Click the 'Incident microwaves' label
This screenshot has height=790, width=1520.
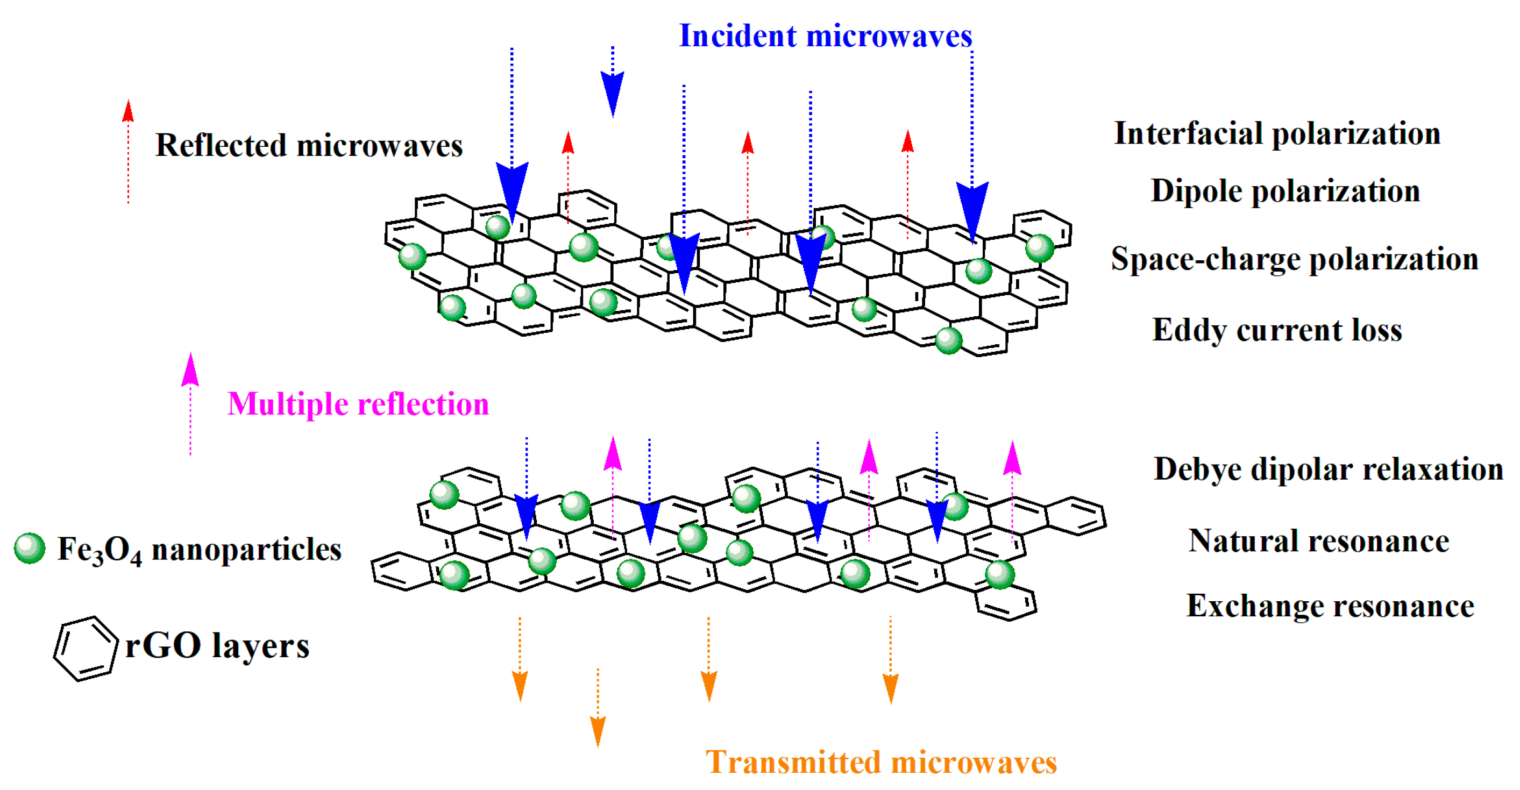click(825, 36)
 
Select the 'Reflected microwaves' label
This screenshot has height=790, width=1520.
click(309, 146)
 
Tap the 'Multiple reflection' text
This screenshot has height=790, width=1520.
click(358, 405)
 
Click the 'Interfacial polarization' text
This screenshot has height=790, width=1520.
click(1277, 134)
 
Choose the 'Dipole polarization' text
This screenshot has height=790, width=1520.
click(1285, 191)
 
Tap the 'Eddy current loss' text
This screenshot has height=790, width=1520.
click(1277, 330)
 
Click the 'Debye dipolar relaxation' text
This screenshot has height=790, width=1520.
click(1328, 470)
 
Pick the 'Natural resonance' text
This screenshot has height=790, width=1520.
click(1319, 542)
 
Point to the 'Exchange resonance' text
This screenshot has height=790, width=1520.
click(1330, 607)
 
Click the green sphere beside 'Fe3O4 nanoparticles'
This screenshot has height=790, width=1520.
click(30, 549)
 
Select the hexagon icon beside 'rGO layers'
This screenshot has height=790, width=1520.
click(85, 649)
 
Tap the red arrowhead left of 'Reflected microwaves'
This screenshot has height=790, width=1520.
click(128, 111)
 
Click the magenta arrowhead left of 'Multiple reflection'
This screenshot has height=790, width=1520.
click(190, 370)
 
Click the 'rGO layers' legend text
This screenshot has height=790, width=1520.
click(217, 646)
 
